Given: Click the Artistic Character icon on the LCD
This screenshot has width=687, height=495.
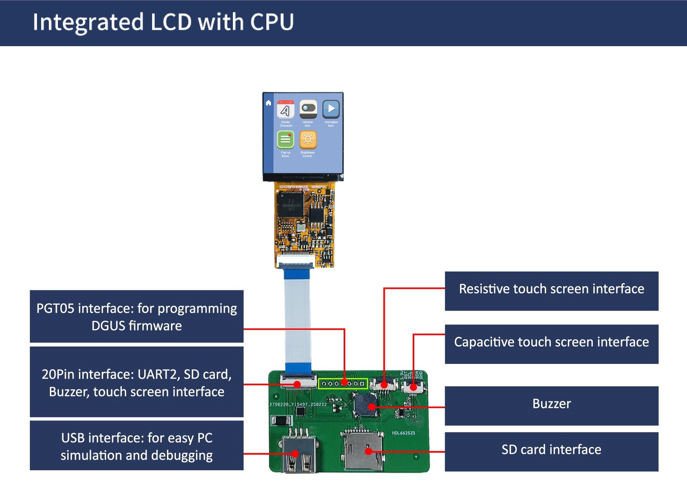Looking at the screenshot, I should coord(285,109).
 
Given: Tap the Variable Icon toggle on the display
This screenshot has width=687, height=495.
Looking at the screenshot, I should coord(308,109).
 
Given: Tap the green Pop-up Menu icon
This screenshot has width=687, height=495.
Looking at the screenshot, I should coord(285,140).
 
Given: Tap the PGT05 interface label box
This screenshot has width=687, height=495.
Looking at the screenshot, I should coord(137,316).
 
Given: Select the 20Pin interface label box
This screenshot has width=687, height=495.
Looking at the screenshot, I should coord(137,382).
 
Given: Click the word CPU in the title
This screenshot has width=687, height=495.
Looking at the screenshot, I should coord(272,22).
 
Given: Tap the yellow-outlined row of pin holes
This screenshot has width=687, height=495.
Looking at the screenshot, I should coord(343,384).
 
